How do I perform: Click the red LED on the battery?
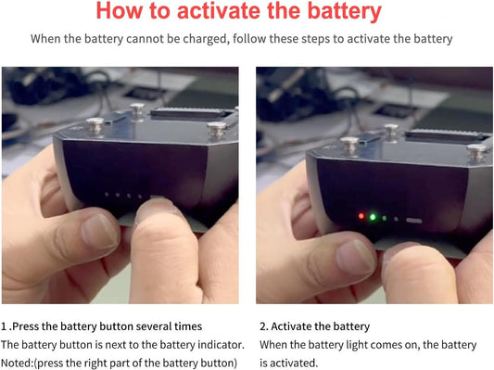pos(361,216)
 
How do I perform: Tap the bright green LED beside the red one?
pos(373,217)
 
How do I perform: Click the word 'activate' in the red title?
pos(219,11)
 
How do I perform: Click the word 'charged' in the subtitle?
pos(205,39)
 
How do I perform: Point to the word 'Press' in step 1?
pos(26,326)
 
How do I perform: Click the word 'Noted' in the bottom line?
pos(16,364)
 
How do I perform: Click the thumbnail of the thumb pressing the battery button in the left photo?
pos(156,208)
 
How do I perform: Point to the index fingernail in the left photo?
pos(99,231)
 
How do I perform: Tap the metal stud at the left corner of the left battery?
pos(95,125)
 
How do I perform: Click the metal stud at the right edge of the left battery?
pos(217,129)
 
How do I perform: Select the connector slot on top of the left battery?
pos(193,114)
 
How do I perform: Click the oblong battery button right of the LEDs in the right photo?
pos(413,221)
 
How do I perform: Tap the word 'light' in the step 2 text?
pos(354,345)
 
